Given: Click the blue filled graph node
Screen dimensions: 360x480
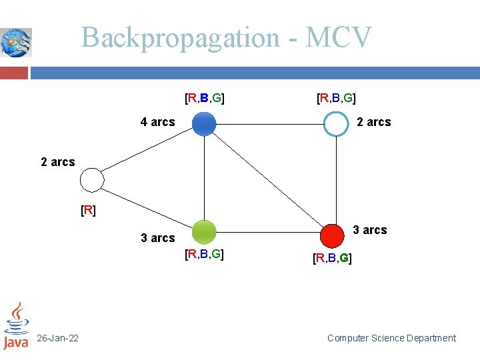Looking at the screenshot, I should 204,123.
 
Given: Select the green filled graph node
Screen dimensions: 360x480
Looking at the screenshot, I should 204,233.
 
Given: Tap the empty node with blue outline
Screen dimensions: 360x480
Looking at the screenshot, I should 336,123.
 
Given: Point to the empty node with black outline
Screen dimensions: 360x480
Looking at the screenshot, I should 92,179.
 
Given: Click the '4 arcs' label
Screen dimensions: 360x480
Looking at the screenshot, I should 157,122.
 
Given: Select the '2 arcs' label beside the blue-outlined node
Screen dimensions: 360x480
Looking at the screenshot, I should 374,122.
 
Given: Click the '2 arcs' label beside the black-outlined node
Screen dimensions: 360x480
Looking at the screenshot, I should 58,162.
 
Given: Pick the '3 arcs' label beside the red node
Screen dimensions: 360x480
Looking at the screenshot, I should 369,230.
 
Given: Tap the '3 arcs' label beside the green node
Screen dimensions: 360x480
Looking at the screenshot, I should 158,238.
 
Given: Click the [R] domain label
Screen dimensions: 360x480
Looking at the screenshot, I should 88,211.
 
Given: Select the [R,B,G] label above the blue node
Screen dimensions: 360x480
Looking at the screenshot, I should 204,99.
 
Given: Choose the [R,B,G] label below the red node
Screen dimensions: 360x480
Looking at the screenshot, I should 332,257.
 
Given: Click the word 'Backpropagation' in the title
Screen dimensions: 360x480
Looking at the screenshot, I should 180,38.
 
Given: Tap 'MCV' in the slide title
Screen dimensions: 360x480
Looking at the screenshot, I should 338,38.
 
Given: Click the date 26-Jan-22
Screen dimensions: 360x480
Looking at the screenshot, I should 57,339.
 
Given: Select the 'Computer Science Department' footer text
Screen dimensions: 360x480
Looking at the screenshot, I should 391,339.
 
